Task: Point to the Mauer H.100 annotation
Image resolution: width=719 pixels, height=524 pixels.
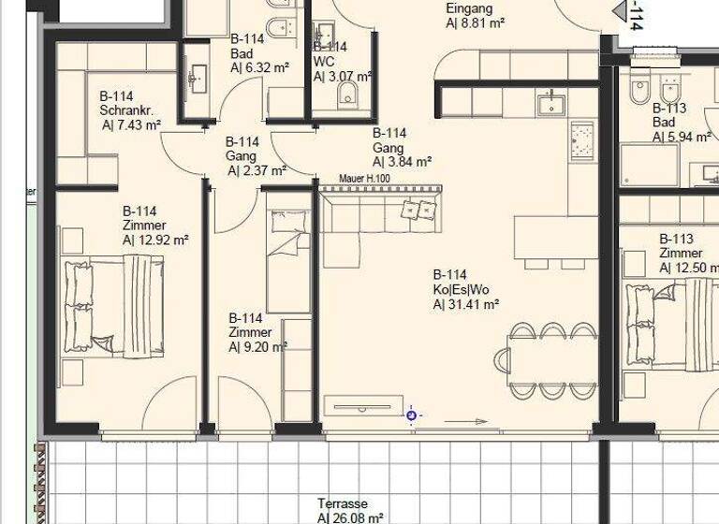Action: coord(365,179)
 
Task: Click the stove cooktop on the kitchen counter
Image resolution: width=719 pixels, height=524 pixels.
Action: coord(582,140)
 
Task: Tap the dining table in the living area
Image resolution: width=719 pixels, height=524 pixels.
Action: coord(551,358)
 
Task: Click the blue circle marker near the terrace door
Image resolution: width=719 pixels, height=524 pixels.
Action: coord(411,415)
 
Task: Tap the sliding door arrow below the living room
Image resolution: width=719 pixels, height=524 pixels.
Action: coord(446,423)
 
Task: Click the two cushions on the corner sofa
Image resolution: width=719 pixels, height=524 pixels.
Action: coord(418,211)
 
